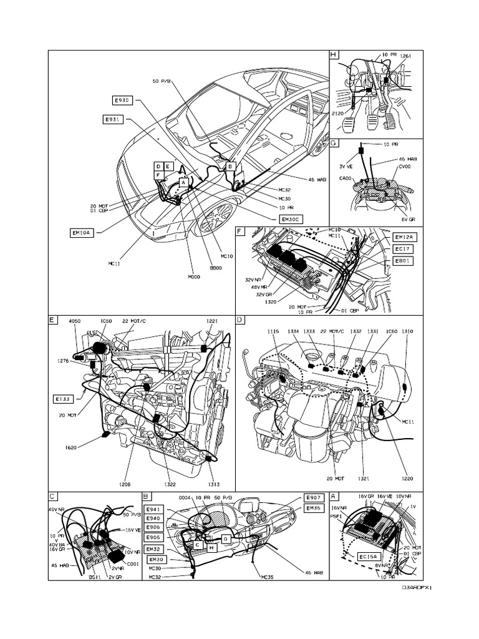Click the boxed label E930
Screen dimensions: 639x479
coord(122,100)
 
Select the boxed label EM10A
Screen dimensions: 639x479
coord(81,233)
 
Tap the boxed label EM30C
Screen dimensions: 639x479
coord(291,219)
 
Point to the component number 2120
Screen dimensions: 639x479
coord(339,115)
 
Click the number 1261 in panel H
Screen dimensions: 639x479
coord(406,56)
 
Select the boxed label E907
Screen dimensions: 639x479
coord(313,497)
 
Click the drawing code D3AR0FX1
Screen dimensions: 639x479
coord(416,587)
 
